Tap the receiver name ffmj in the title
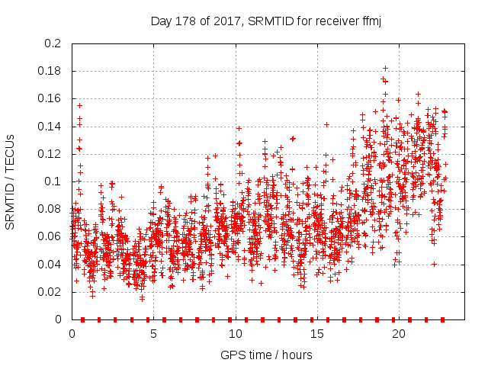pyautogui.click(x=369, y=21)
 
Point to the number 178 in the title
pyautogui.click(x=185, y=21)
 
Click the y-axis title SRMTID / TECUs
pyautogui.click(x=10, y=182)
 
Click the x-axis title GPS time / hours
pyautogui.click(x=266, y=355)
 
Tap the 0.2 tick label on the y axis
pyautogui.click(x=53, y=43)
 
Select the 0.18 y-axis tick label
pyautogui.click(x=50, y=71)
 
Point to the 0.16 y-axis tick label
pyautogui.click(x=50, y=98)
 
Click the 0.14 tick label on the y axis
pyautogui.click(x=50, y=127)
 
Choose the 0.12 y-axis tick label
pyautogui.click(x=50, y=154)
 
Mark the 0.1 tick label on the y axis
pyautogui.click(x=53, y=181)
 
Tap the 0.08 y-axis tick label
pyautogui.click(x=50, y=209)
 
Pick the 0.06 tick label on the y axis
pyautogui.click(x=50, y=236)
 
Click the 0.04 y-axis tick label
pyautogui.click(x=50, y=265)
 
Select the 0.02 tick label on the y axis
pyautogui.click(x=50, y=292)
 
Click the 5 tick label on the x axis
pyautogui.click(x=153, y=333)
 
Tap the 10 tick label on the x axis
pyautogui.click(x=235, y=333)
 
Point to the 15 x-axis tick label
pyautogui.click(x=316, y=333)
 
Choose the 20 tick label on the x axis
pyautogui.click(x=398, y=333)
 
